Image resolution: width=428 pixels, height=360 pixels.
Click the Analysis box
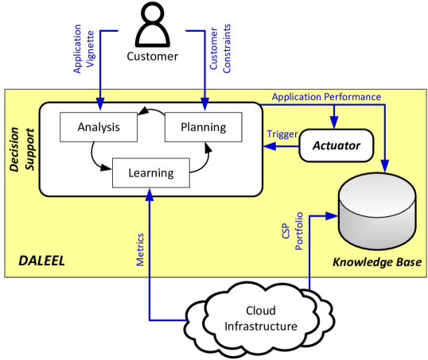pyautogui.click(x=99, y=127)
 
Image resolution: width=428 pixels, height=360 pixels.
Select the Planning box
pyautogui.click(x=203, y=127)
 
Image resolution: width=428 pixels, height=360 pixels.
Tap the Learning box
pyautogui.click(x=150, y=172)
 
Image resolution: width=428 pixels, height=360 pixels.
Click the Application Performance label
pyautogui.click(x=326, y=97)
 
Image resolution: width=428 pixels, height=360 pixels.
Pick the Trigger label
pyautogui.click(x=282, y=135)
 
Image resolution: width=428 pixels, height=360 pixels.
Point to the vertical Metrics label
pyautogui.click(x=140, y=249)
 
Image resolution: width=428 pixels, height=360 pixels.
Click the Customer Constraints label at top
pyautogui.click(x=221, y=49)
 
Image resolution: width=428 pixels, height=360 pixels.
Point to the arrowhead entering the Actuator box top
pyautogui.click(x=333, y=124)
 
